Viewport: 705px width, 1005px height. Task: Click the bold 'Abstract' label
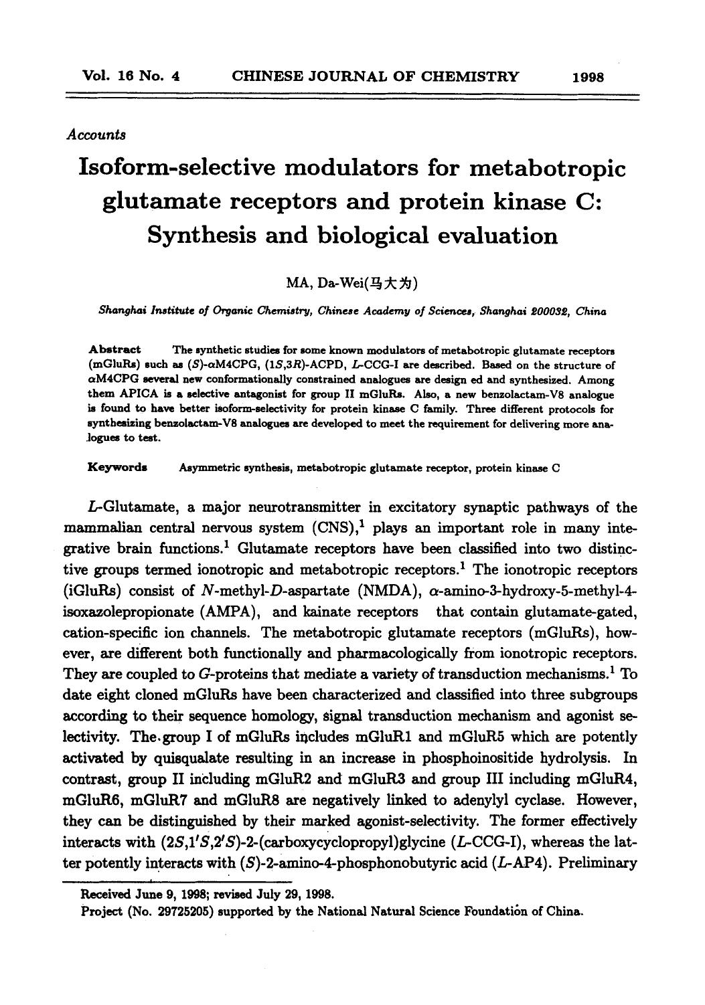tap(114, 349)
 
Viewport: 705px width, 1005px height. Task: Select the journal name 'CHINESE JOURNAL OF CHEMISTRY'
tap(374, 76)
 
